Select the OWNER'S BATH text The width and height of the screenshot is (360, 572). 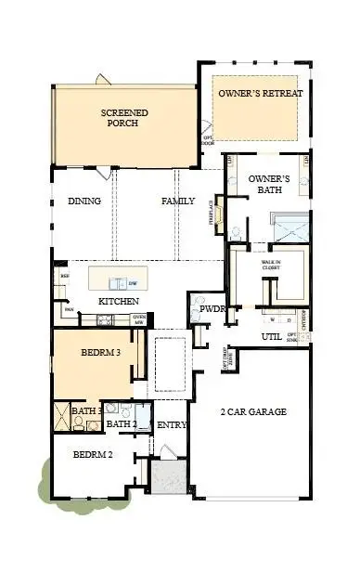point(270,184)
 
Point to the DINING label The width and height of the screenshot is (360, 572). point(84,201)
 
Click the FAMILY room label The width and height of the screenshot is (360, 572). point(178,201)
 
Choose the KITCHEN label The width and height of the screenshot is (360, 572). point(119,302)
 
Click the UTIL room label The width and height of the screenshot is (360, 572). point(271,337)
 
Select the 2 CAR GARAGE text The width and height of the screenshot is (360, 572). point(252,411)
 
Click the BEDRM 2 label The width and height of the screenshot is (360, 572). point(93,455)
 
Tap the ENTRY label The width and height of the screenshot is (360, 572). point(173,425)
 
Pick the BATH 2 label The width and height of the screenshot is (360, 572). point(121,425)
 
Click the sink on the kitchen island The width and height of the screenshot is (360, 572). point(118,283)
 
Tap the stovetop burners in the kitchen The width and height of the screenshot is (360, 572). point(105,320)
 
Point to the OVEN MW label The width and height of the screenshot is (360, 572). point(139,320)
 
